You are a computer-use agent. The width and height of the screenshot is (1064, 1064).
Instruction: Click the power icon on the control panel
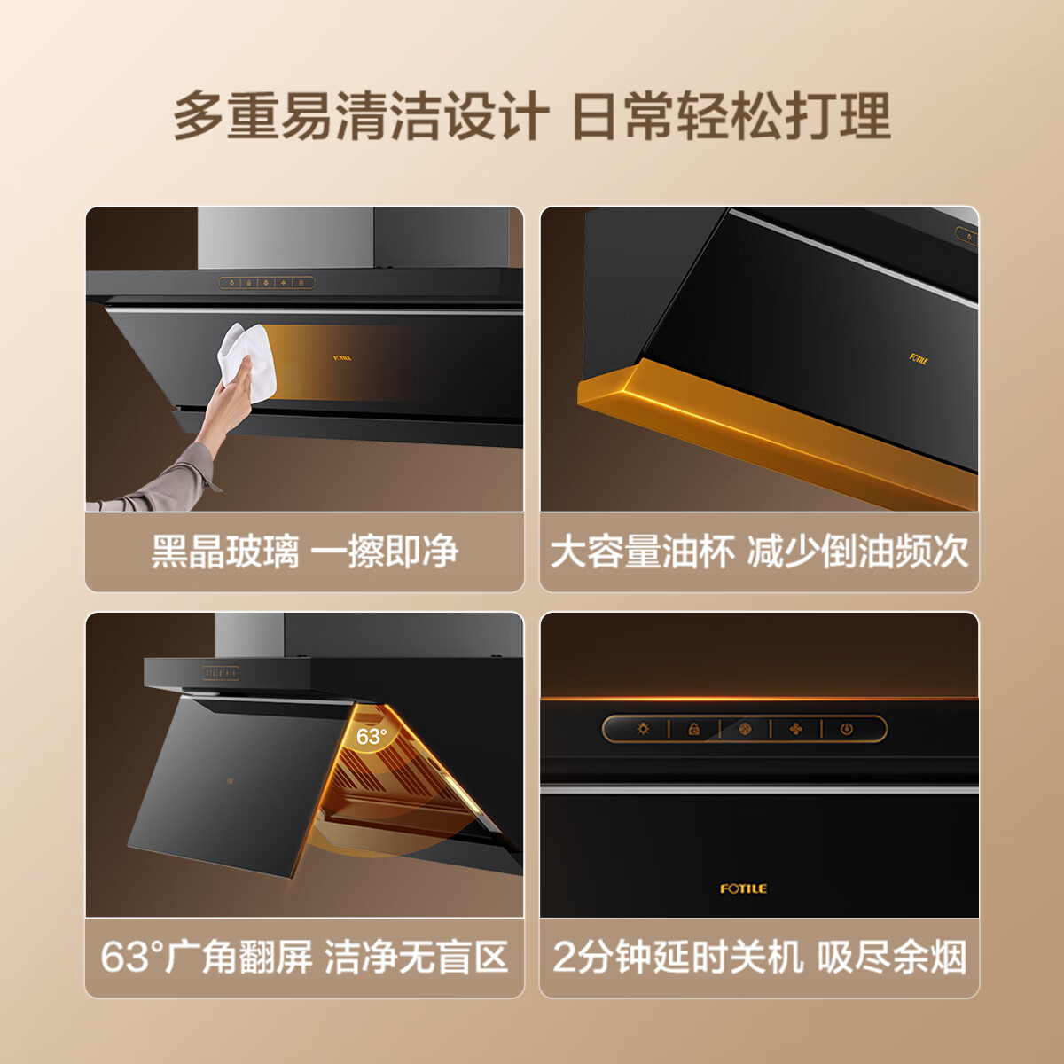[x=847, y=729]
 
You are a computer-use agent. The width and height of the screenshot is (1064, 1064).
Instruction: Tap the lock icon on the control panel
[x=694, y=729]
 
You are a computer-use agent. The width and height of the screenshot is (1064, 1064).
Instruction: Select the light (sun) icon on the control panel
[x=643, y=729]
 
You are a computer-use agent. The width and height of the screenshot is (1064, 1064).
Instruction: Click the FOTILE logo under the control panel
[x=743, y=888]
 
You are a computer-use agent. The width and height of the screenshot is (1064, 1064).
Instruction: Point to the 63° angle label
[x=371, y=736]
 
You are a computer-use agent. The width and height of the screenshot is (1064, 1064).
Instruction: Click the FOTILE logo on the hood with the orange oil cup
[x=919, y=359]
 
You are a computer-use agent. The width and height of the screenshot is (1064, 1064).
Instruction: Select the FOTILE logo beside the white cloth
[x=342, y=358]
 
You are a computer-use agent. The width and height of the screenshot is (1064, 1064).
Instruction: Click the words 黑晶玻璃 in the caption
[x=225, y=552]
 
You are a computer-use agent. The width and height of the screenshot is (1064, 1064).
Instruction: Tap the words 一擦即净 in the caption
[x=384, y=552]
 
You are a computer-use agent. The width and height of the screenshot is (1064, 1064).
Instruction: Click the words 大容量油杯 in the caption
[x=643, y=552]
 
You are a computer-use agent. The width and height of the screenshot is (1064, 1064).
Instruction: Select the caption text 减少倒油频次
[x=857, y=552]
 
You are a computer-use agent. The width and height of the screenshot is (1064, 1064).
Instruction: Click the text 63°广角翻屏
[x=207, y=958]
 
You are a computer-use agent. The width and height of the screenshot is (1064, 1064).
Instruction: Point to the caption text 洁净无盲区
[x=417, y=958]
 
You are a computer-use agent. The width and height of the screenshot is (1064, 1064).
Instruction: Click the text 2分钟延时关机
[x=678, y=958]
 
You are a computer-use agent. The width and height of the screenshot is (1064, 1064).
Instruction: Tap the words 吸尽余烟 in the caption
[x=891, y=958]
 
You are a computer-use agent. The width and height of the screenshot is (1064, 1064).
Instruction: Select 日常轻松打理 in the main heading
[x=731, y=116]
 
